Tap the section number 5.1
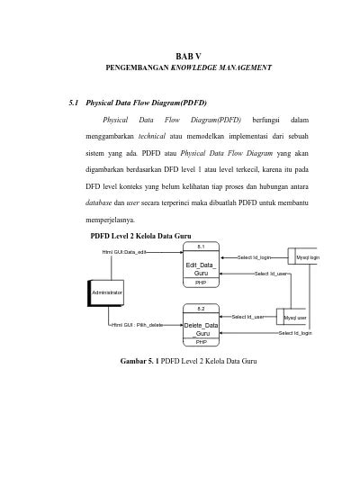click(x=76, y=103)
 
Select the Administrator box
click(x=106, y=293)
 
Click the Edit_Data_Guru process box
click(x=201, y=268)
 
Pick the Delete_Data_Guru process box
click(x=201, y=328)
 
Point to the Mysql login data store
click(x=302, y=257)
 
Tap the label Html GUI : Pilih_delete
click(x=137, y=324)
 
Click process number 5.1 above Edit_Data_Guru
click(x=201, y=246)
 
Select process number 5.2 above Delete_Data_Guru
click(x=201, y=309)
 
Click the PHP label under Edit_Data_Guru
click(x=201, y=283)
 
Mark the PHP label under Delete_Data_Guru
click(x=201, y=343)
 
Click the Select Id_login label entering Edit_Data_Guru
click(x=254, y=257)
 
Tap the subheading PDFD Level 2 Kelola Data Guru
click(x=139, y=236)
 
